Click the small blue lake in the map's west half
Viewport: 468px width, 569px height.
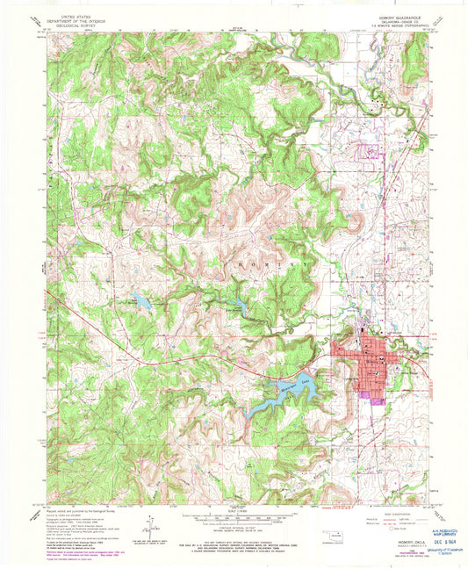[x=139, y=299]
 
